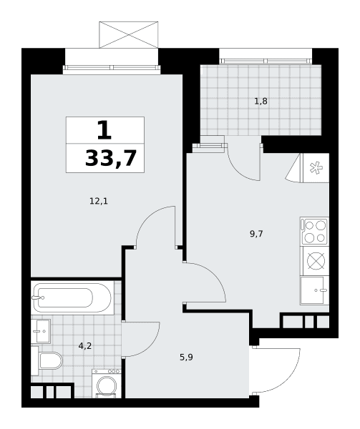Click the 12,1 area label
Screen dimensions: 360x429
(x=99, y=202)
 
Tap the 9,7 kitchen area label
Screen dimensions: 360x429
(x=256, y=234)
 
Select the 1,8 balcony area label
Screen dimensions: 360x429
(x=261, y=102)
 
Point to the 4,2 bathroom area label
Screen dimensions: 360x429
(x=85, y=346)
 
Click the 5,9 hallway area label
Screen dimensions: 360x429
(x=186, y=357)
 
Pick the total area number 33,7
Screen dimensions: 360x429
(x=111, y=159)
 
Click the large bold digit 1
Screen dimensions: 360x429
(x=104, y=130)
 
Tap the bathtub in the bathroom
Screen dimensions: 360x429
(x=72, y=297)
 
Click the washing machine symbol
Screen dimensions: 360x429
(x=107, y=383)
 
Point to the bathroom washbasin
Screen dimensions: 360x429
(x=41, y=331)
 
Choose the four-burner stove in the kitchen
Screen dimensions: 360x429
(x=314, y=232)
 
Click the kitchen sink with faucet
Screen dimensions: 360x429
(x=314, y=290)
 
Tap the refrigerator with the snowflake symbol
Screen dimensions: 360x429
(x=315, y=168)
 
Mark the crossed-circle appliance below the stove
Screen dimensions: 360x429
(x=316, y=261)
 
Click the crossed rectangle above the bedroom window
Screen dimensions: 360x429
(x=128, y=35)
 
